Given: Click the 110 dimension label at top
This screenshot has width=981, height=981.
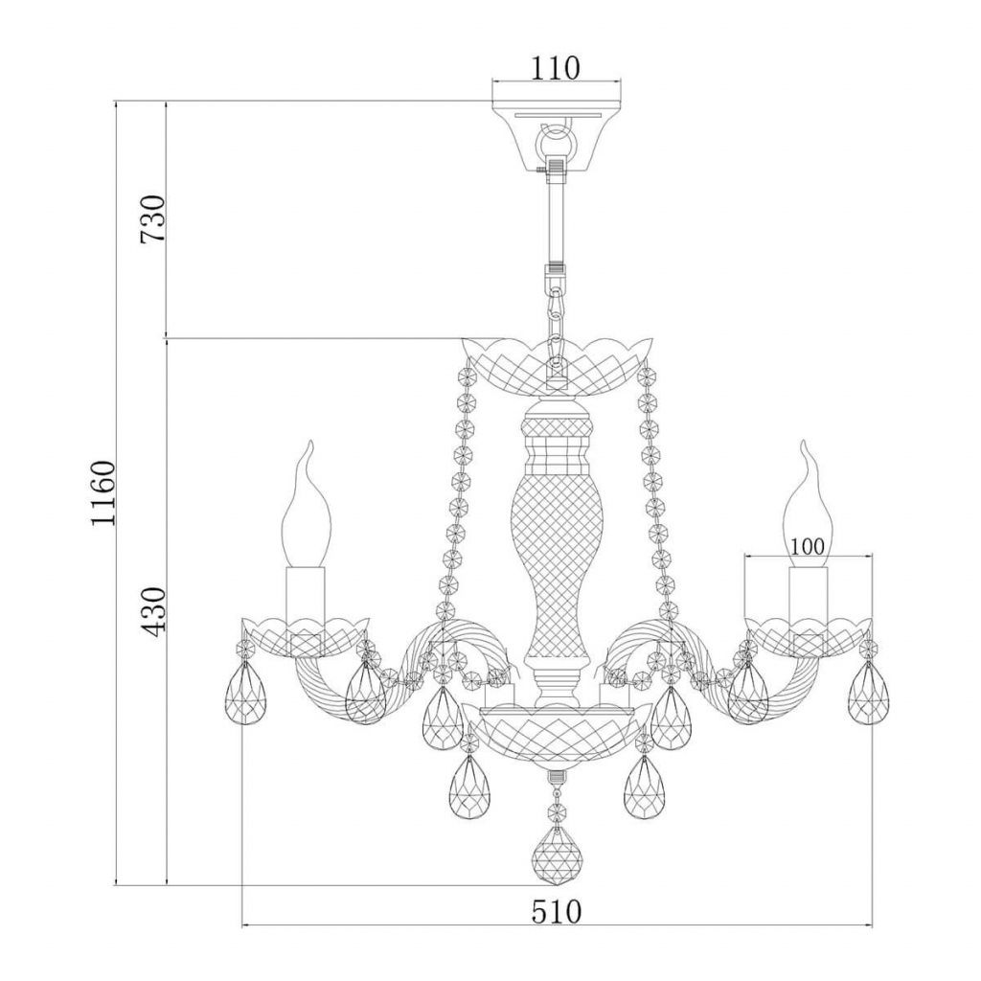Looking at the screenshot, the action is [556, 68].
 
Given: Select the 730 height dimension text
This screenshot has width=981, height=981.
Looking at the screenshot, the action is [153, 219].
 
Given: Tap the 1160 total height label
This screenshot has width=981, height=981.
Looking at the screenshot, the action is [103, 493].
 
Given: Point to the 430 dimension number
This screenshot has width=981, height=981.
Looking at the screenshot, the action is [153, 610].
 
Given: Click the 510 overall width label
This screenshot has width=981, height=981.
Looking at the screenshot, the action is [557, 912].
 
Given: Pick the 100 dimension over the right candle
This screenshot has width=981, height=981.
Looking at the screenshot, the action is [807, 547].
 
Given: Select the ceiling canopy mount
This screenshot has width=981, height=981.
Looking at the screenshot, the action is [557, 138].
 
